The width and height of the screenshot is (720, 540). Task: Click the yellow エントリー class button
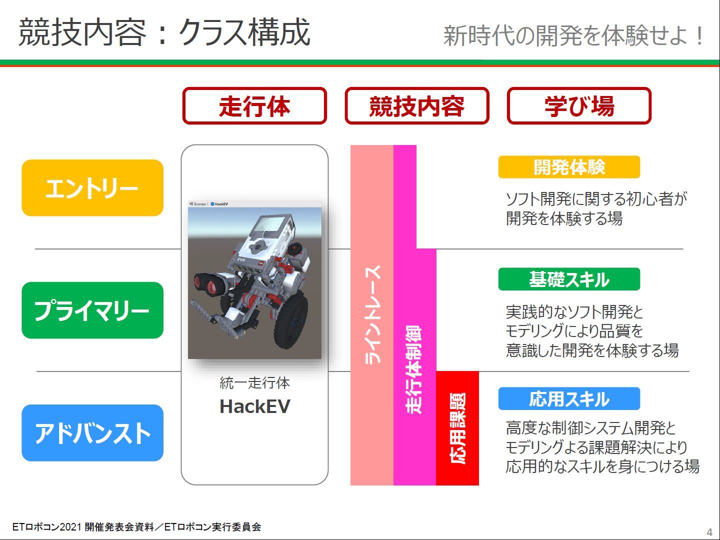pyautogui.click(x=92, y=188)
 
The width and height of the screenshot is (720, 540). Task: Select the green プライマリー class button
pyautogui.click(x=92, y=310)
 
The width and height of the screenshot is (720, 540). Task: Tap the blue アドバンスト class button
pyautogui.click(x=92, y=433)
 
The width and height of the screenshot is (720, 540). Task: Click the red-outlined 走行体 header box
pyautogui.click(x=254, y=106)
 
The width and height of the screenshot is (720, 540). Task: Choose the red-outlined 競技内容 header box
pyautogui.click(x=417, y=106)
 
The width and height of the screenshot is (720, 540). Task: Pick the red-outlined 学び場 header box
pyautogui.click(x=579, y=106)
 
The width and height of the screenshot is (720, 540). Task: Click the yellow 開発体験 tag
pyautogui.click(x=569, y=167)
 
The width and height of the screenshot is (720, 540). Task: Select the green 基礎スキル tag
pyautogui.click(x=569, y=279)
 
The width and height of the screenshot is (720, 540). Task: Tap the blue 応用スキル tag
pyautogui.click(x=569, y=398)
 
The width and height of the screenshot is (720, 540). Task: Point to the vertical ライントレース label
pyautogui.click(x=372, y=315)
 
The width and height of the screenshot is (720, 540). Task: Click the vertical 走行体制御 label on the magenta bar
pyautogui.click(x=413, y=369)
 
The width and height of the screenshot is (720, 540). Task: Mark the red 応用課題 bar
pyautogui.click(x=457, y=428)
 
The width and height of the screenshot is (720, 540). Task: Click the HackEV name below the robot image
pyautogui.click(x=255, y=406)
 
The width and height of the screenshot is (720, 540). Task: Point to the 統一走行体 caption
pyautogui.click(x=254, y=383)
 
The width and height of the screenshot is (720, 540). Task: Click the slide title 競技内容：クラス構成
pyautogui.click(x=164, y=32)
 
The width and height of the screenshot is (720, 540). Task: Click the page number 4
pyautogui.click(x=709, y=532)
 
